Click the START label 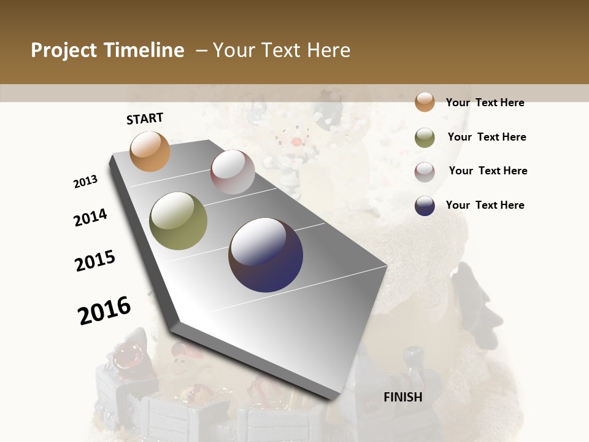[x=145, y=118]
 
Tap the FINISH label [x=403, y=397]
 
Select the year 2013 [x=86, y=182]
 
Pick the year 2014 [x=90, y=218]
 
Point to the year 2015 [x=95, y=261]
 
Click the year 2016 [x=104, y=311]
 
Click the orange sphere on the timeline [x=150, y=151]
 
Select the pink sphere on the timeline [x=233, y=172]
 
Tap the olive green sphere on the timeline [x=179, y=221]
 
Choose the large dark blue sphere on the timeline [x=266, y=255]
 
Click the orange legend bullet [x=425, y=103]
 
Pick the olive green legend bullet [x=425, y=138]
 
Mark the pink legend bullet [x=425, y=172]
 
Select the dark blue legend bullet [x=425, y=206]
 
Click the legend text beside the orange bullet [x=485, y=103]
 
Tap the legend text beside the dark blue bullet [x=485, y=205]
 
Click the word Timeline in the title [x=145, y=50]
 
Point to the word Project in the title [x=64, y=50]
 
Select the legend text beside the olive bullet [x=487, y=137]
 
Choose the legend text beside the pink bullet [x=488, y=171]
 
